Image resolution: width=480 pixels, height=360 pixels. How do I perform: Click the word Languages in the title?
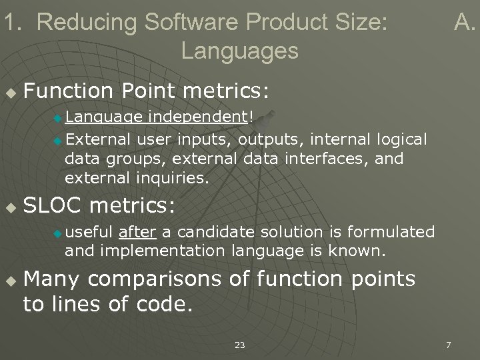tap(239, 51)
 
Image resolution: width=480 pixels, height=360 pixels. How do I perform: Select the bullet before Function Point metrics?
tap(9, 89)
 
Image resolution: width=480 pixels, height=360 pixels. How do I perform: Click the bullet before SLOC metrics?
tap(9, 207)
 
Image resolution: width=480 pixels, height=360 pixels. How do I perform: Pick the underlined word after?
tap(137, 232)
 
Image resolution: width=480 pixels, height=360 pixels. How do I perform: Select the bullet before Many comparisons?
tap(9, 281)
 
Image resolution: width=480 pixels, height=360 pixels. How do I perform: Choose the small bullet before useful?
tap(57, 233)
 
